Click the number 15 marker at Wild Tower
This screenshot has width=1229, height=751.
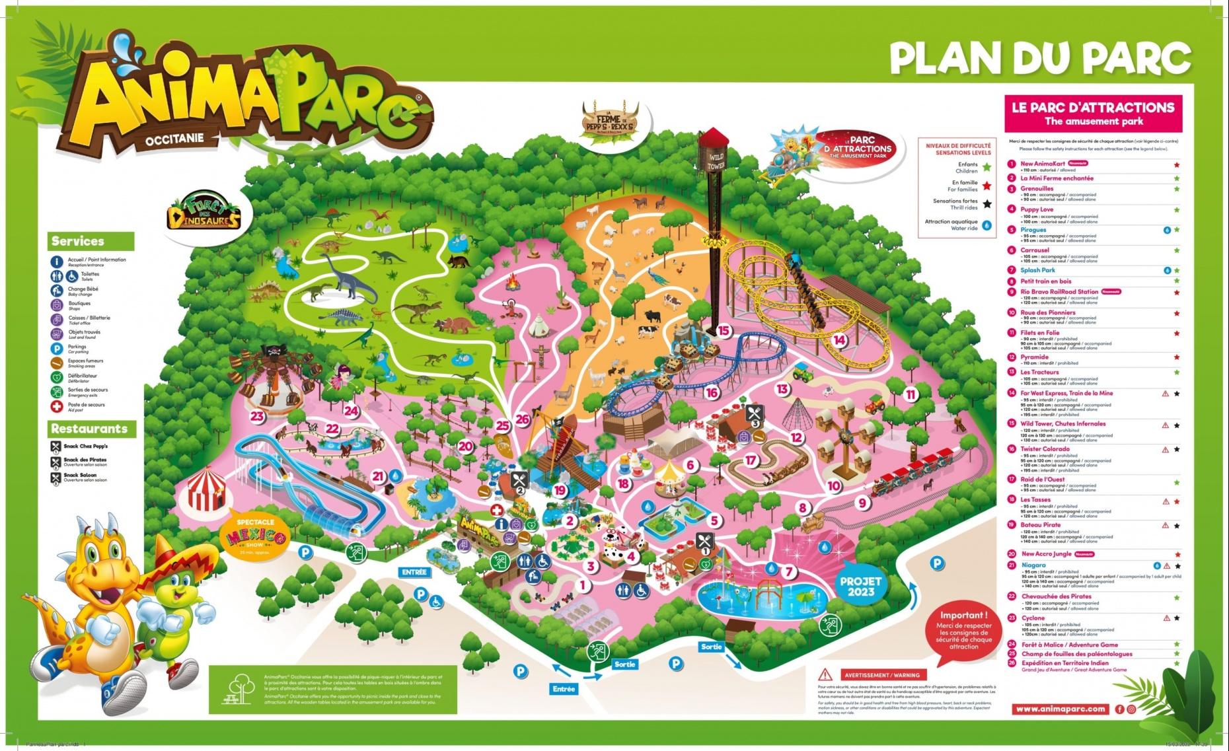tap(724, 330)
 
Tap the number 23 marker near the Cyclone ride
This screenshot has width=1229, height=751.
tap(257, 416)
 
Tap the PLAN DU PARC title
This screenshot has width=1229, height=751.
tap(1039, 58)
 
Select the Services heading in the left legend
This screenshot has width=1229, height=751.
tap(78, 241)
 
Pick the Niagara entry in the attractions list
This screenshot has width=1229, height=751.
tap(1033, 565)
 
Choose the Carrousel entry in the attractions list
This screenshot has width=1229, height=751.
tap(1035, 250)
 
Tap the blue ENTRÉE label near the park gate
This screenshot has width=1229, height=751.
tap(414, 572)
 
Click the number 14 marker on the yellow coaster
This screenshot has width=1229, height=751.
tap(839, 340)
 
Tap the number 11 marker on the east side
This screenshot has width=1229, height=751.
tap(911, 395)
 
